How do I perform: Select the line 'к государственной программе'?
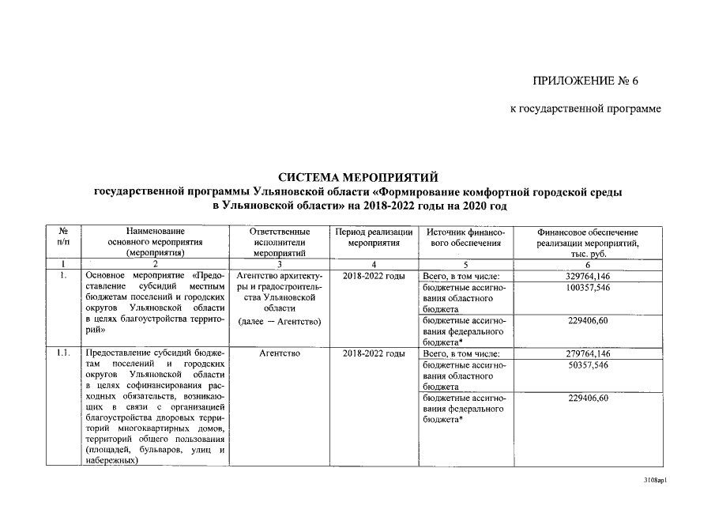click(585, 108)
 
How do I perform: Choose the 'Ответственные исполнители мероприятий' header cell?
click(279, 241)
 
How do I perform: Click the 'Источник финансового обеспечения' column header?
click(464, 236)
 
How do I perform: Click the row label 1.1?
click(64, 353)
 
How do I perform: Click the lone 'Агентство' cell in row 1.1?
click(279, 353)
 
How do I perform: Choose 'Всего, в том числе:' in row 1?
click(462, 276)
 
